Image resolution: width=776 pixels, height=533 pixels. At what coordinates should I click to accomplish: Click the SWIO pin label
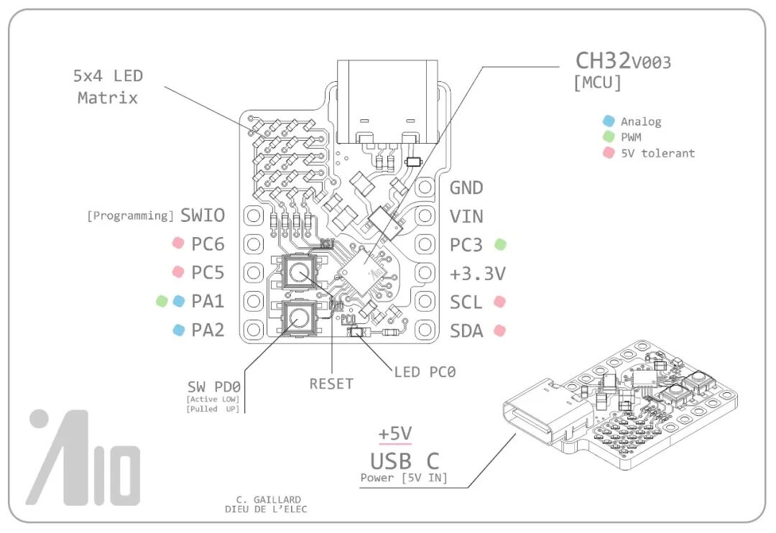[203, 215]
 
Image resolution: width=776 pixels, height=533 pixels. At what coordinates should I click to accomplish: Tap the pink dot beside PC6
[178, 244]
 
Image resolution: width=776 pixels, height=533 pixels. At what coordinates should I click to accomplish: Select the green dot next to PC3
[500, 244]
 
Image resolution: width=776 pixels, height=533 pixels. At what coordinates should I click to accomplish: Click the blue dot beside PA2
[178, 330]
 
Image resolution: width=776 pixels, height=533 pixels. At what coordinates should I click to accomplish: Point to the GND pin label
[466, 188]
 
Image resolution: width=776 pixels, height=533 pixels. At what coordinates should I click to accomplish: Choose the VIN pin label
[466, 216]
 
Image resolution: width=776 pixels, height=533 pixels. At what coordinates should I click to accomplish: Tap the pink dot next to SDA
[500, 330]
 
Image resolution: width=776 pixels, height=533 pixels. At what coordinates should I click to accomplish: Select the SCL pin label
[466, 302]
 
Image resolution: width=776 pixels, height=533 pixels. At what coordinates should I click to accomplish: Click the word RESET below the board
[331, 384]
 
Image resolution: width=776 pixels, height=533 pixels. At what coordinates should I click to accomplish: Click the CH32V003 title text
[623, 61]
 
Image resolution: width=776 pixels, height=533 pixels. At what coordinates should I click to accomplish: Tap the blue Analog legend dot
[609, 121]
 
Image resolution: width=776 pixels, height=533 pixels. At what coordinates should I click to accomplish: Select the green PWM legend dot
[609, 136]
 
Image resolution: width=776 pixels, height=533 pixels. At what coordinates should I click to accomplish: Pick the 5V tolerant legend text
[657, 152]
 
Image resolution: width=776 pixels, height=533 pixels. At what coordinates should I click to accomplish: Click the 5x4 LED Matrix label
[108, 86]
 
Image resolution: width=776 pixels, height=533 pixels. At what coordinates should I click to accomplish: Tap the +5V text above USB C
[394, 435]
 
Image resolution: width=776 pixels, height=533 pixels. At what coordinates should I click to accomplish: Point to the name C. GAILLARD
[268, 499]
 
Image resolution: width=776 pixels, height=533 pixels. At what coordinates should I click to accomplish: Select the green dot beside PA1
[162, 301]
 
